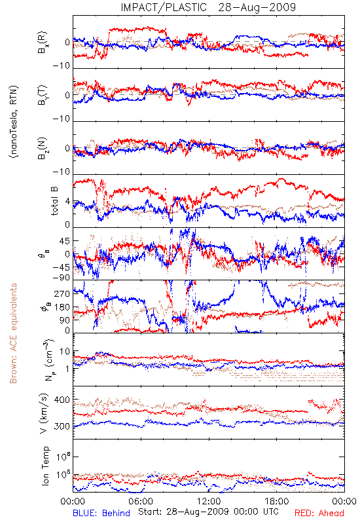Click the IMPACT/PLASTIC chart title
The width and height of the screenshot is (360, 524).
click(208, 7)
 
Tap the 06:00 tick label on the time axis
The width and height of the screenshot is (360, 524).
click(141, 501)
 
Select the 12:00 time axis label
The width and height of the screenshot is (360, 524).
click(209, 501)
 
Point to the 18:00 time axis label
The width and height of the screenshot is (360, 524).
click(277, 501)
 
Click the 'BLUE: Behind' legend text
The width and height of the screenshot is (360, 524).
click(101, 513)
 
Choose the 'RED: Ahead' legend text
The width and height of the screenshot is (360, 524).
click(319, 513)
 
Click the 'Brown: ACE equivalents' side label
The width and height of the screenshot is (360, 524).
click(12, 333)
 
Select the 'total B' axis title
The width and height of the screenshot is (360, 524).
click(54, 201)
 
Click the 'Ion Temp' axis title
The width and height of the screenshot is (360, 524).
click(45, 466)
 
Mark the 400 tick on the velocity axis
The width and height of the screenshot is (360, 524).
click(62, 400)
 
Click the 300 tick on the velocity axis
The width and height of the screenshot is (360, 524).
click(62, 426)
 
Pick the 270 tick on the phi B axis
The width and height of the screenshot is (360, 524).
click(62, 293)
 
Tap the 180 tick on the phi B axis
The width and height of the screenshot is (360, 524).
click(62, 307)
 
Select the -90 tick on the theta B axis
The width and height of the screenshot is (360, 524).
click(61, 277)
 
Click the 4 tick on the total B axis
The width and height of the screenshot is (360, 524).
click(67, 202)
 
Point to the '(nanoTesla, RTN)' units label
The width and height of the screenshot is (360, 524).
click(14, 122)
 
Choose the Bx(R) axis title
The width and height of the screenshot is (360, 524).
click(43, 43)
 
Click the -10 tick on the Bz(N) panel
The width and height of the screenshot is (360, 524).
click(61, 172)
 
